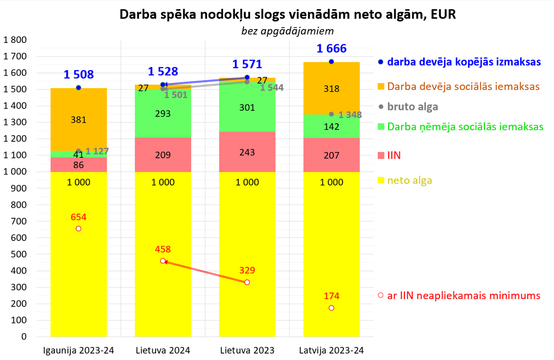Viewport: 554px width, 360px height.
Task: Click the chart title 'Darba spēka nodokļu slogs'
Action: click(287, 14)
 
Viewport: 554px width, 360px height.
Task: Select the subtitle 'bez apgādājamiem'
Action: click(287, 31)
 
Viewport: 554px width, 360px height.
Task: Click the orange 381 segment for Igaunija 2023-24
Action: click(78, 120)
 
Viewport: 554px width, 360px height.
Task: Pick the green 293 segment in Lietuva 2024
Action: click(163, 114)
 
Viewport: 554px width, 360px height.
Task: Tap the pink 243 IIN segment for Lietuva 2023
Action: click(247, 151)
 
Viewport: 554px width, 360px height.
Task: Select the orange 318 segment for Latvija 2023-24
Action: click(331, 89)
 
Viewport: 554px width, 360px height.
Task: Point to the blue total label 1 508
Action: click(78, 74)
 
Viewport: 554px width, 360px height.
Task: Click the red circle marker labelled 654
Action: click(78, 228)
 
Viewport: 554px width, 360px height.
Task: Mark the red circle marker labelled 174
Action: click(331, 308)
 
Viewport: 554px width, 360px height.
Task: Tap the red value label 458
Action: click(163, 249)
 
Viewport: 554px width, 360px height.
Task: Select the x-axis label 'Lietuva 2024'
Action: click(163, 350)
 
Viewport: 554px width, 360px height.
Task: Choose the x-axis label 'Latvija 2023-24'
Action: click(331, 350)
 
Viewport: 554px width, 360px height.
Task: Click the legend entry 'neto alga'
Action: click(410, 180)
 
